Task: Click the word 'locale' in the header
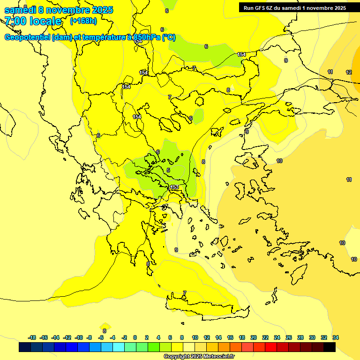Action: tap(45, 21)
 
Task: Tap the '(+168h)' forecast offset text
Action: tap(83, 21)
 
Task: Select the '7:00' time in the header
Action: tap(15, 21)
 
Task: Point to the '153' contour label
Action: tap(174, 187)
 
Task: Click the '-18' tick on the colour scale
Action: tap(32, 337)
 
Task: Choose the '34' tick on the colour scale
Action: tap(336, 337)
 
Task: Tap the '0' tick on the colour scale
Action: tap(135, 337)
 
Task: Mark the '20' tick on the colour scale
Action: tap(254, 337)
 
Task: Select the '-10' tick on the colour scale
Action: tap(79, 337)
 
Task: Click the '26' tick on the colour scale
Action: tap(289, 337)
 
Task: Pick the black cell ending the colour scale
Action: tap(329, 347)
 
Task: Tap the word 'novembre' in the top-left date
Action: tap(68, 10)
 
